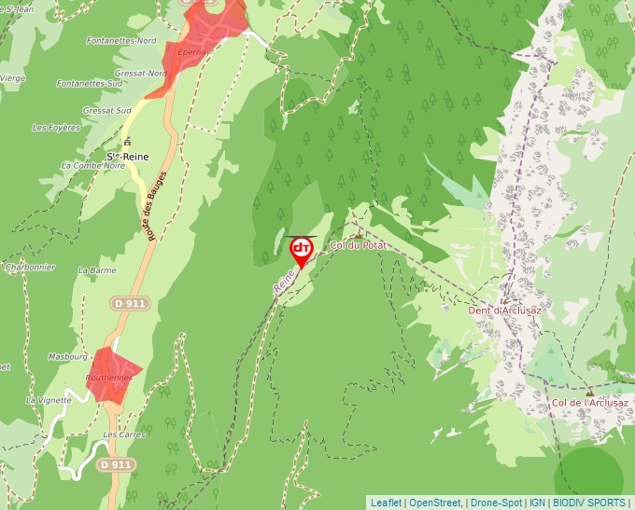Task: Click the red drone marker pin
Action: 302,250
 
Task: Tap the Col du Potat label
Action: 359,245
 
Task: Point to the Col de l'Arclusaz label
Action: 589,403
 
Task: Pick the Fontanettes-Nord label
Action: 120,41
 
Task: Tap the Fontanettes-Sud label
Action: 90,83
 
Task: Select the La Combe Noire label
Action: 92,165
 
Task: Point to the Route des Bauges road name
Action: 156,205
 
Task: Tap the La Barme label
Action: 97,270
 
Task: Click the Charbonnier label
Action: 30,267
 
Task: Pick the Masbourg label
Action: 67,357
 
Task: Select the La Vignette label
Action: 49,399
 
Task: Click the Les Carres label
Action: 123,434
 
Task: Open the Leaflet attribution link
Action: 386,502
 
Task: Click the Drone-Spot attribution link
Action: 496,502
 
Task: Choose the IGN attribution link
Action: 538,502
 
